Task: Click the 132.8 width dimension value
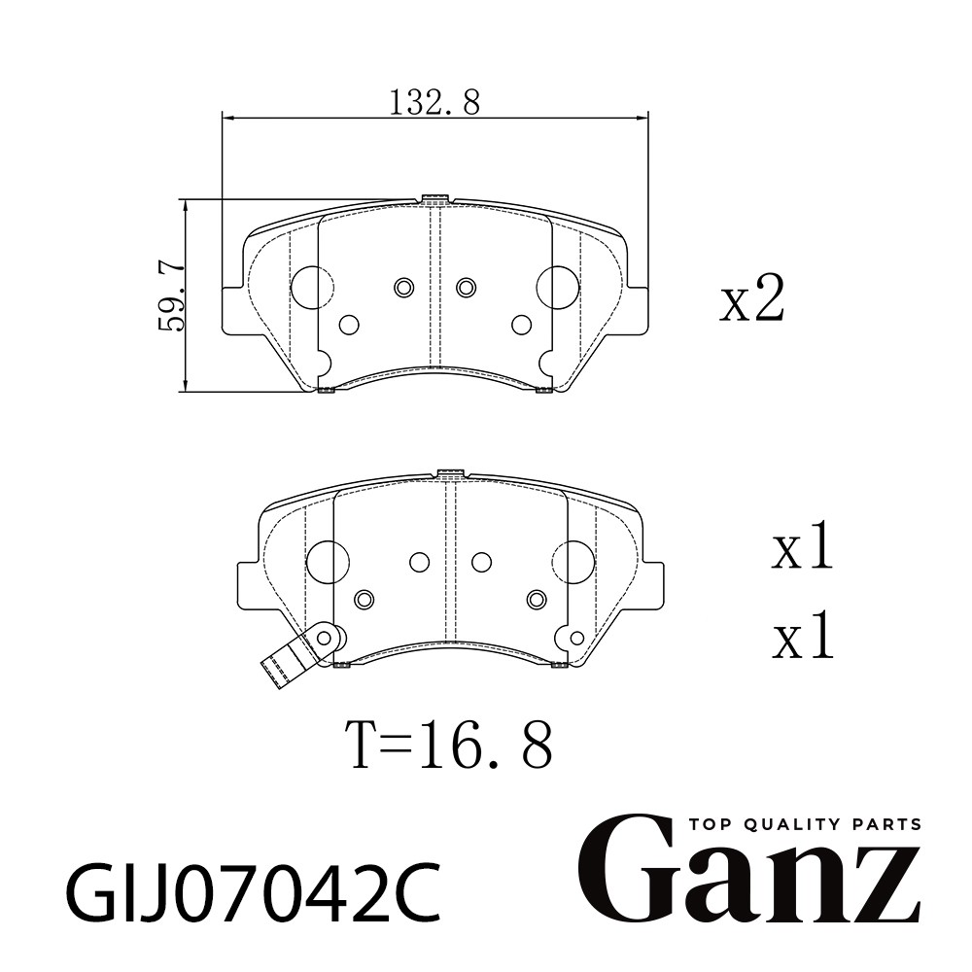pyautogui.click(x=434, y=103)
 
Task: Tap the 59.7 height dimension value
pyautogui.click(x=172, y=296)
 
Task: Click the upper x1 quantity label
pyautogui.click(x=802, y=546)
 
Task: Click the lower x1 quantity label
pyautogui.click(x=802, y=635)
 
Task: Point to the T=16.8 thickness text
pyautogui.click(x=452, y=745)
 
